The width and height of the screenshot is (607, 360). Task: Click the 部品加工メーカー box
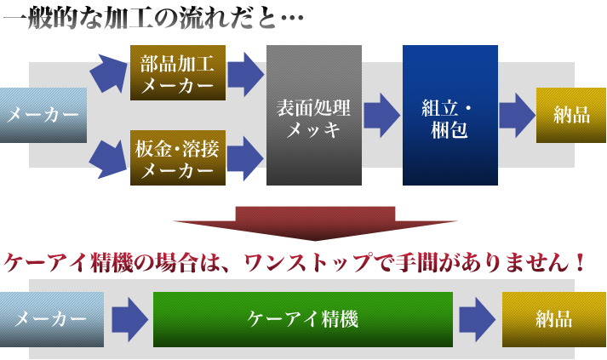click(x=178, y=73)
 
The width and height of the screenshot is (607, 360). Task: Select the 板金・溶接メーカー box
click(x=178, y=158)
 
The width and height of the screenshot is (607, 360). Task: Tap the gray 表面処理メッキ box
click(x=314, y=116)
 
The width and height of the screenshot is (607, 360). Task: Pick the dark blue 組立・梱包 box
click(x=450, y=116)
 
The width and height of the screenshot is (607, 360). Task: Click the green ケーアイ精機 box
click(x=303, y=319)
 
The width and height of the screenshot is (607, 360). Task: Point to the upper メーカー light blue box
click(x=43, y=116)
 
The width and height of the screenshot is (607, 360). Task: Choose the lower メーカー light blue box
click(x=52, y=319)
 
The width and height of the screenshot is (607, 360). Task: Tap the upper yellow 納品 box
click(x=571, y=116)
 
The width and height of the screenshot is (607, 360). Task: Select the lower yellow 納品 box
click(x=554, y=319)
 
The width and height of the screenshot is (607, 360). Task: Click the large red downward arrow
click(x=315, y=223)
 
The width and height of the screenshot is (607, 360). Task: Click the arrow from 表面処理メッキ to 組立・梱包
click(x=382, y=116)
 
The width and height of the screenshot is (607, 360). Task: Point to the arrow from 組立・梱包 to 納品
click(x=518, y=116)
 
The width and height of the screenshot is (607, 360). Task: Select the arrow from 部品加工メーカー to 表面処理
click(x=246, y=74)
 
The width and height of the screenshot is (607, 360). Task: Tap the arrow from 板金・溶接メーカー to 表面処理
click(x=246, y=158)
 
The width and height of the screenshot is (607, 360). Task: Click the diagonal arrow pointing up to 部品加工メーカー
click(x=109, y=73)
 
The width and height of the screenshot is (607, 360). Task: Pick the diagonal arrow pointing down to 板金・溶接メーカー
click(x=108, y=159)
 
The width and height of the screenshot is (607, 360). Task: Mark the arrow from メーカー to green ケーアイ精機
click(x=130, y=320)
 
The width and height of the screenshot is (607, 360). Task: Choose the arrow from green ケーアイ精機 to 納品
click(x=478, y=320)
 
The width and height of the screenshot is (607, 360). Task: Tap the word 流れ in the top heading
click(x=204, y=18)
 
